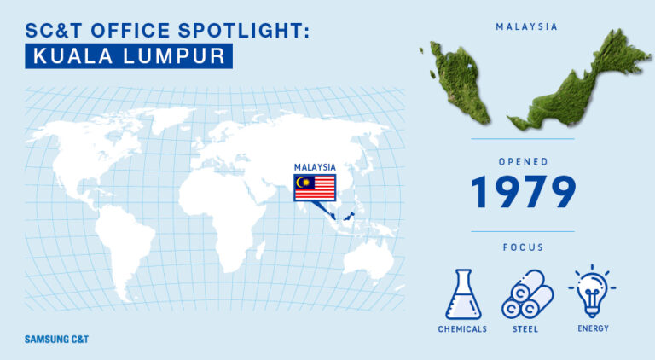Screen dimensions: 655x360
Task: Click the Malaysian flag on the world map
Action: coord(315,188)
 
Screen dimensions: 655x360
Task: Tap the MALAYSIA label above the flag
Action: coord(315,167)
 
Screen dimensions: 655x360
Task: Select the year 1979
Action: coord(523,192)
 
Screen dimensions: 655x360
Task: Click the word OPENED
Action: coord(523,161)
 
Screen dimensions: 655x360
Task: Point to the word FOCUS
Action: coord(523,247)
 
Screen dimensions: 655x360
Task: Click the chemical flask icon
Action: coord(463,294)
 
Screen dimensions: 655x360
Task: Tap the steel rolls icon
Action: coord(527,294)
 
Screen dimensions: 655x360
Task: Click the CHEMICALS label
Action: coord(462,329)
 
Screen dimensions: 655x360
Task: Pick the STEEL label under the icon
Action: coord(525,329)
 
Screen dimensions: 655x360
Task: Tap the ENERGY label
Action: coord(594,328)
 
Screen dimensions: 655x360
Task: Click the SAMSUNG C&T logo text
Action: coord(57,340)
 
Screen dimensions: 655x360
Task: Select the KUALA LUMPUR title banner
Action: coord(129,56)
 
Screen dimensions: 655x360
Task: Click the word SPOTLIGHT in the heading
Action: coord(244,31)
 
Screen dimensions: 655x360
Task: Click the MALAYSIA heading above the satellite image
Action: coord(526,26)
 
